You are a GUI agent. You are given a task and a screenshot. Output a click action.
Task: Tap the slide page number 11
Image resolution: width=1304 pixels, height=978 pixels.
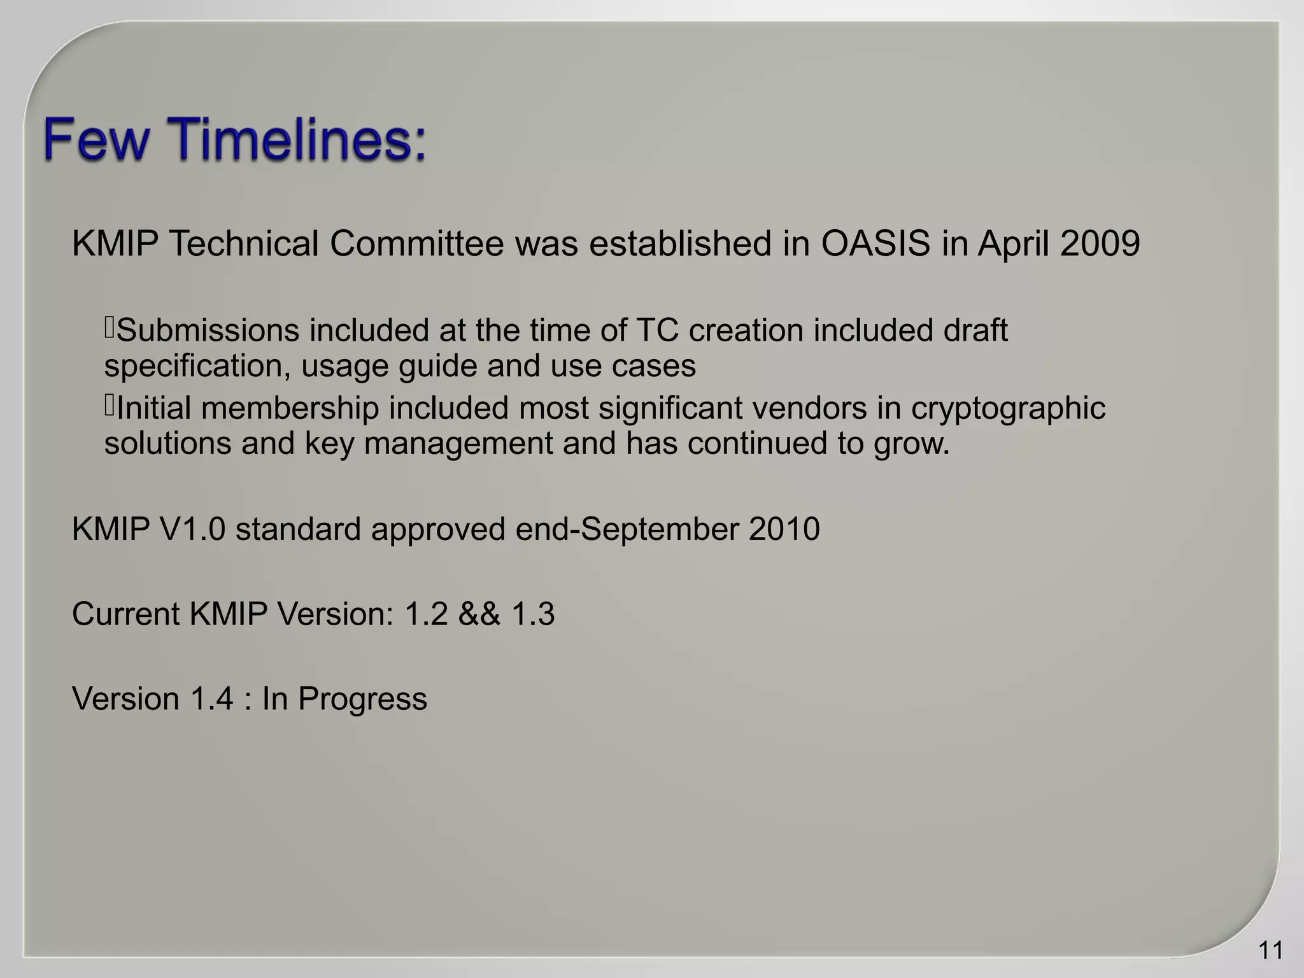click(x=1270, y=951)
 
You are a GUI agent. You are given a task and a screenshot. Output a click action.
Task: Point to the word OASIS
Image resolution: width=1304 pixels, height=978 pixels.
click(x=875, y=244)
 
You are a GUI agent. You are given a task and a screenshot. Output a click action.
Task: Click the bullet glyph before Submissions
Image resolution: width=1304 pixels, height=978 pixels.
click(x=109, y=328)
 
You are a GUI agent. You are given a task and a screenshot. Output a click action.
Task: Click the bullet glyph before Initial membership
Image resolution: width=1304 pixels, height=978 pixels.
click(x=109, y=406)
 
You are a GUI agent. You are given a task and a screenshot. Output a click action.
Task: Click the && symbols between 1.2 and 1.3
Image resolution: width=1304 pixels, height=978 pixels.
click(x=479, y=614)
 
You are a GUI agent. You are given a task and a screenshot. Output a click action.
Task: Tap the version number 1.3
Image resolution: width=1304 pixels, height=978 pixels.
click(x=533, y=614)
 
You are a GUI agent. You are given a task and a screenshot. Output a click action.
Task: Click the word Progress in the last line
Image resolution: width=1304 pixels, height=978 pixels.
click(x=362, y=699)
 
